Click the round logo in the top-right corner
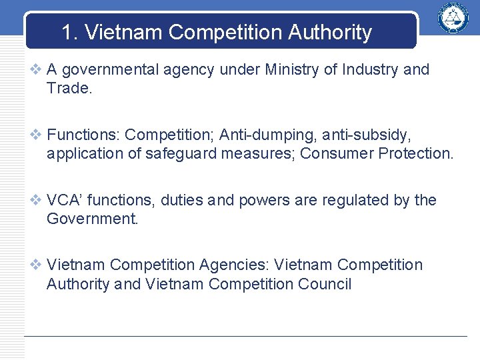click(x=453, y=18)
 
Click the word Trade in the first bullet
click(x=68, y=88)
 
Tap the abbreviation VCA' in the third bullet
click(x=65, y=200)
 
